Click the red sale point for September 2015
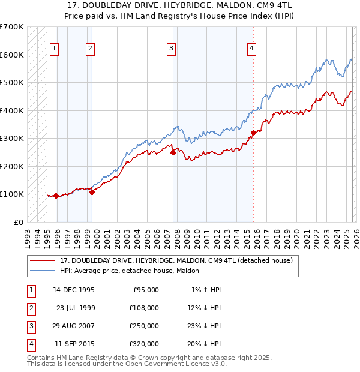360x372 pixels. (253, 133)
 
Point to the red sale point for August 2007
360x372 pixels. (173, 152)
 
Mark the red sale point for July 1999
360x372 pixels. (92, 192)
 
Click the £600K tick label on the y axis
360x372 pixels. (11, 55)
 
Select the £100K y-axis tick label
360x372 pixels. (11, 194)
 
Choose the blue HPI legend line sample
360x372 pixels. (43, 271)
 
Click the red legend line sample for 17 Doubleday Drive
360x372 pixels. (43, 260)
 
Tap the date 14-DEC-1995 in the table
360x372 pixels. (74, 290)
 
